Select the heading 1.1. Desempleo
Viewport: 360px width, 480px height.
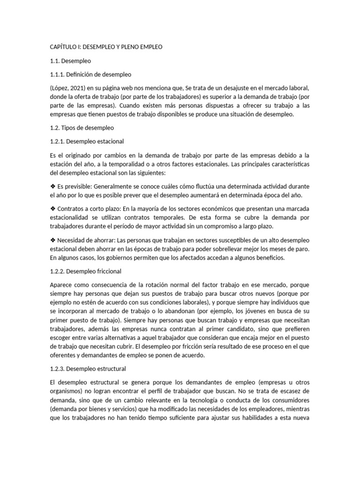(x=70, y=61)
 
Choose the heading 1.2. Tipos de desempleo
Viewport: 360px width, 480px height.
(x=82, y=127)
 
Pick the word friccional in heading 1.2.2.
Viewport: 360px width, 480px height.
(x=107, y=271)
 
